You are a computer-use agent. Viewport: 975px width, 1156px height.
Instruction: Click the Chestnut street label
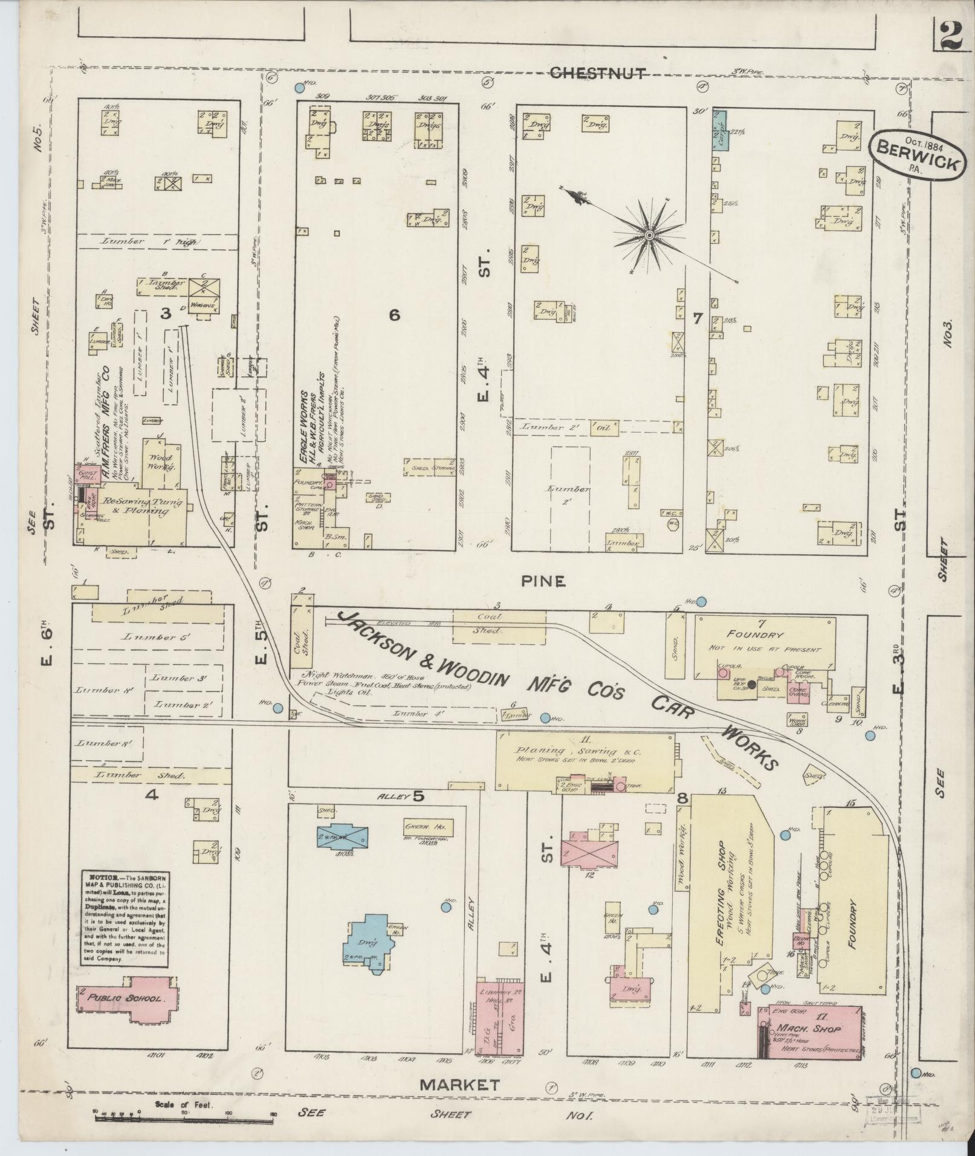pyautogui.click(x=597, y=73)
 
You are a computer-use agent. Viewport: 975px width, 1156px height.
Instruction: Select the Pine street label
pyautogui.click(x=543, y=581)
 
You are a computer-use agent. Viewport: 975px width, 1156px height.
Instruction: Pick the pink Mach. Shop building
pyautogui.click(x=810, y=1028)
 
